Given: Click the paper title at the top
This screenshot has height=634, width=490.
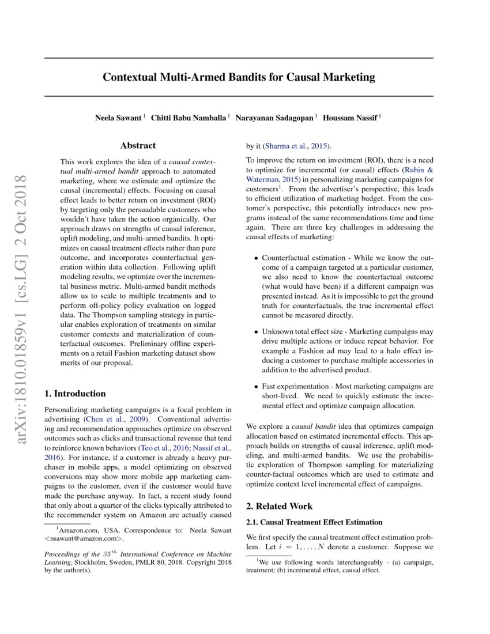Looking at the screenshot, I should [x=239, y=77].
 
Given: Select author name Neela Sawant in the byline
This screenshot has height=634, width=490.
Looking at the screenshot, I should [x=119, y=118].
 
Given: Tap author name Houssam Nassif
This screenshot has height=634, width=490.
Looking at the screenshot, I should [x=350, y=118].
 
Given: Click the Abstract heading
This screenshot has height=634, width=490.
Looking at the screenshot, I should [x=138, y=146].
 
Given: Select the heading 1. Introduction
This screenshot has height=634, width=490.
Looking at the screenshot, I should [x=75, y=394].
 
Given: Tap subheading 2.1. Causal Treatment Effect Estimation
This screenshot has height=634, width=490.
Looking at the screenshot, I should [x=314, y=522].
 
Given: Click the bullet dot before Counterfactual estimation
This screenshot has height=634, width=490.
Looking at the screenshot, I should [x=256, y=259].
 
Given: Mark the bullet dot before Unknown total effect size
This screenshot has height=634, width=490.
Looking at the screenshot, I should [x=256, y=333].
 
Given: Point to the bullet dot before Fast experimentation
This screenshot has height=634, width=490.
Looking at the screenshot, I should [x=256, y=387].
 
